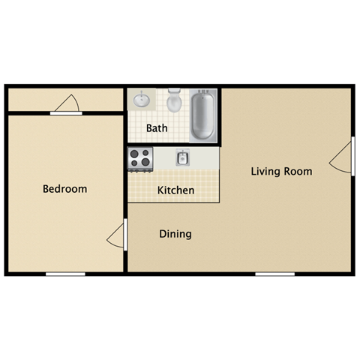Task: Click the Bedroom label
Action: (x=64, y=189)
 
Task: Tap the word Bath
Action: (x=157, y=128)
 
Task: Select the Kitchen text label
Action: (x=175, y=190)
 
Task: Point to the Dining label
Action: (x=175, y=234)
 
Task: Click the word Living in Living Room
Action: (x=265, y=172)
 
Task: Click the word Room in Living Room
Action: (x=298, y=172)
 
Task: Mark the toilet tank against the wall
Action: (x=175, y=92)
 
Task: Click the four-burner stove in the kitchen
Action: (x=139, y=157)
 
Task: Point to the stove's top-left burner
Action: (x=135, y=153)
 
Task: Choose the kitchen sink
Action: (x=182, y=157)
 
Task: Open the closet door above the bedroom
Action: (x=68, y=104)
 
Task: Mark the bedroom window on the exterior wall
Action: (x=65, y=274)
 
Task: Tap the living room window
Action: (x=274, y=274)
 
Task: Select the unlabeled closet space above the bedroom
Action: (x=37, y=98)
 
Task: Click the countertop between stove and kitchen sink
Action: (x=163, y=157)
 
